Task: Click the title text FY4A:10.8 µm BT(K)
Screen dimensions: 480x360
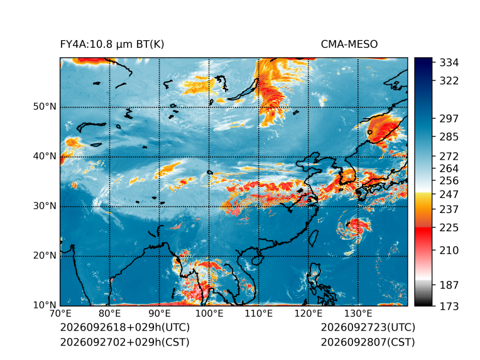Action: [x=112, y=45]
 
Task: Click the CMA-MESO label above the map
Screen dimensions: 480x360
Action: [x=349, y=45]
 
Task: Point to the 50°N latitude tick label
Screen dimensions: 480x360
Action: [x=45, y=107]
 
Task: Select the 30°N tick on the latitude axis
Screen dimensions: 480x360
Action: [x=45, y=206]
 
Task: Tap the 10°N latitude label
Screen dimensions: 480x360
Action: [x=45, y=305]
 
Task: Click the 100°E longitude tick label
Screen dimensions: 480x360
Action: [x=209, y=314]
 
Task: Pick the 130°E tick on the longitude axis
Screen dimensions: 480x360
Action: [x=358, y=314]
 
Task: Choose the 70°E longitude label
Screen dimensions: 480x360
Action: [x=60, y=314]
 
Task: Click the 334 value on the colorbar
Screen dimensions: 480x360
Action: [x=449, y=63]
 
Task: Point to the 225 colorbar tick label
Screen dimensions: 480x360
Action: [x=449, y=228]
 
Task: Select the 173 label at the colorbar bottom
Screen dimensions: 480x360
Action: [x=449, y=306]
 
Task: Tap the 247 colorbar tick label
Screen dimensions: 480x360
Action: [x=449, y=194]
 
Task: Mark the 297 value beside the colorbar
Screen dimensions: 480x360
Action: [x=449, y=119]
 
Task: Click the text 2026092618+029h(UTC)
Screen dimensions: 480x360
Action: [x=125, y=327]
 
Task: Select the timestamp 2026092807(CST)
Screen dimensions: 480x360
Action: [x=368, y=342]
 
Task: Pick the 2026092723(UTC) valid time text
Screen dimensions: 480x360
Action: [x=368, y=327]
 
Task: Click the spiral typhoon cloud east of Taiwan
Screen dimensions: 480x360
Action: [x=354, y=228]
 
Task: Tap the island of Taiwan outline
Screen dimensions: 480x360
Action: [x=313, y=239]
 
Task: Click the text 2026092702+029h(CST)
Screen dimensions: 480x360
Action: [x=124, y=342]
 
